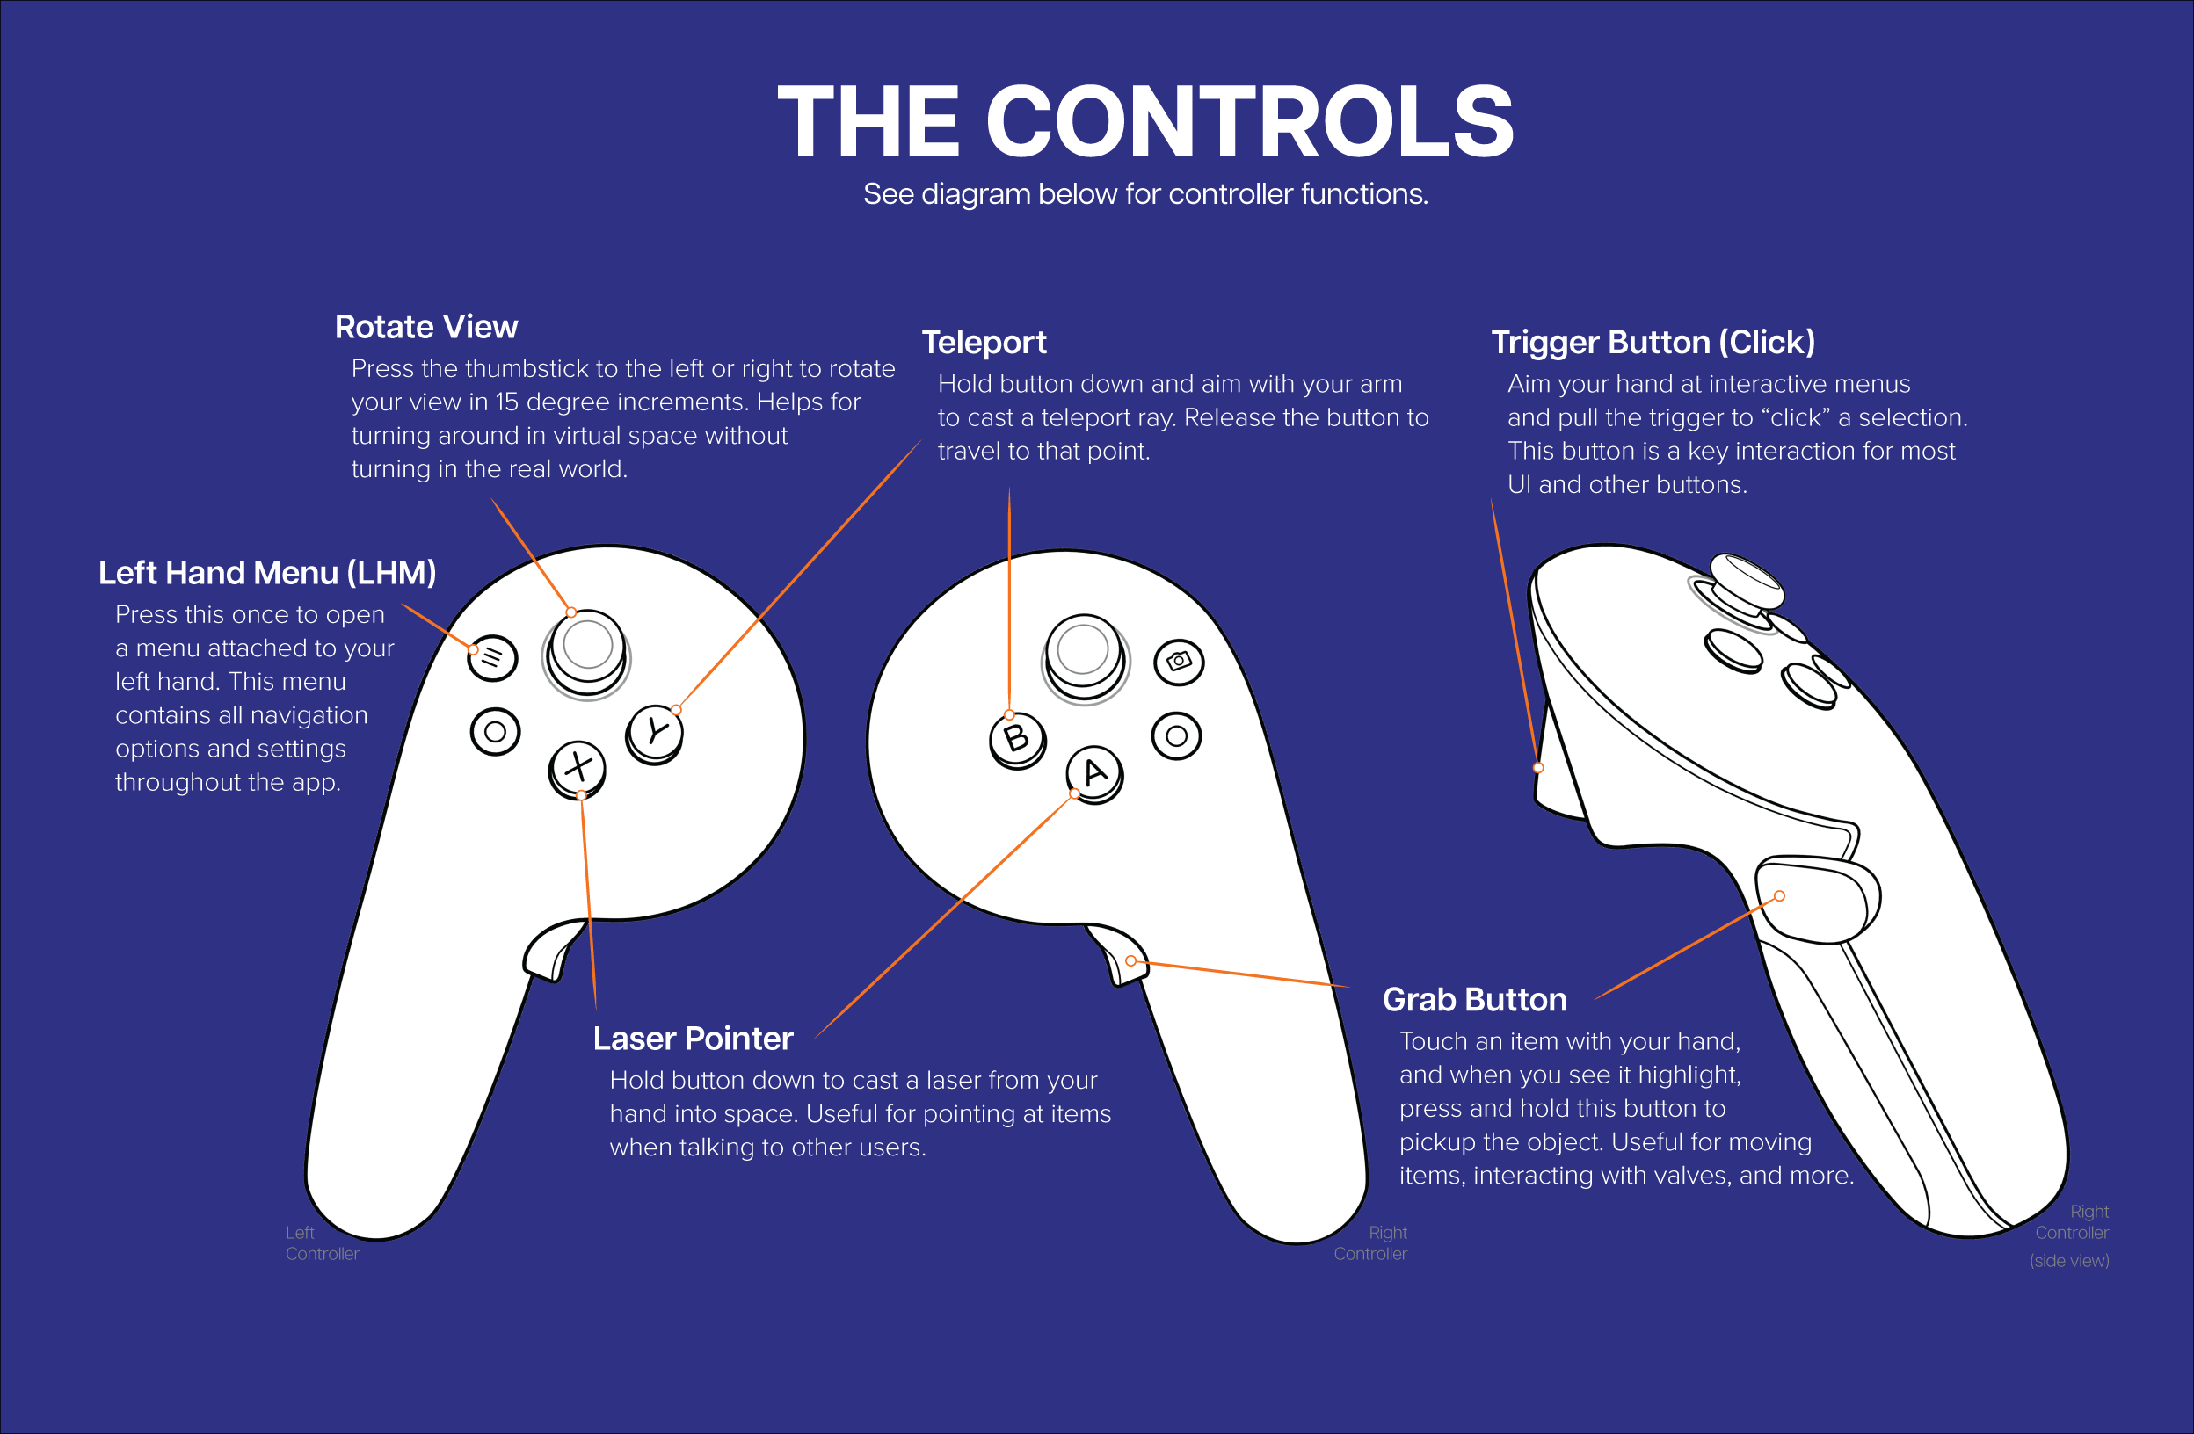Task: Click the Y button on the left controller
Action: pyautogui.click(x=655, y=734)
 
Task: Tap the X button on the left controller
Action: pyautogui.click(x=578, y=769)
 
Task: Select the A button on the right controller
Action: pyautogui.click(x=1094, y=774)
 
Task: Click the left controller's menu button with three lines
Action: pyautogui.click(x=492, y=658)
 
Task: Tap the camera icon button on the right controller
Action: pyautogui.click(x=1179, y=662)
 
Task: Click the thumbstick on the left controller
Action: pyautogui.click(x=587, y=653)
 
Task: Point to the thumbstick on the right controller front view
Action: pyautogui.click(x=1084, y=657)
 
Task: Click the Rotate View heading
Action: pyautogui.click(x=426, y=327)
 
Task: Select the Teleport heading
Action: pyautogui.click(x=984, y=343)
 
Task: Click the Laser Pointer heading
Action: pyautogui.click(x=694, y=1039)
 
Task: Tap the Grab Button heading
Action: pyautogui.click(x=1475, y=1000)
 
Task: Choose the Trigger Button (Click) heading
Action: pyautogui.click(x=1653, y=343)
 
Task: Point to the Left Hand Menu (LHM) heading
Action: pyautogui.click(x=267, y=573)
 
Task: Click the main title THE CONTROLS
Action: pyautogui.click(x=1145, y=120)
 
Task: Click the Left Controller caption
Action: pyautogui.click(x=322, y=1243)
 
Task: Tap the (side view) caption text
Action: pyautogui.click(x=2068, y=1261)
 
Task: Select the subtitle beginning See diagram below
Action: pyautogui.click(x=1145, y=194)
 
